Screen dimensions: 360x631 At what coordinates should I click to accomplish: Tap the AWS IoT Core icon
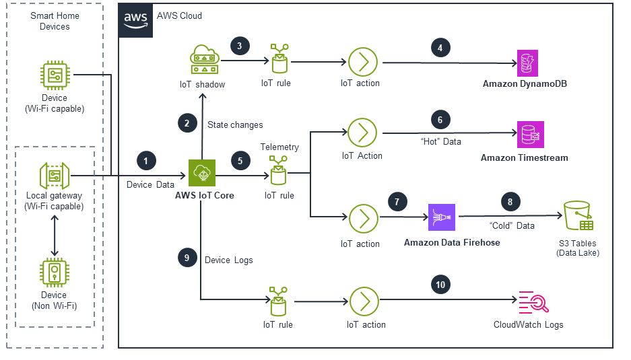click(201, 173)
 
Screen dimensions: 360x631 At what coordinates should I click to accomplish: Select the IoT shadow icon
click(206, 61)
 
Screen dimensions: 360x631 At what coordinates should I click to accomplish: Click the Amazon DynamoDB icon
click(529, 63)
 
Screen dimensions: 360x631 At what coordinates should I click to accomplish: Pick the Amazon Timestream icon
click(529, 135)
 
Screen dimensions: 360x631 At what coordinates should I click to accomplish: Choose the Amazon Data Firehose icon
click(442, 218)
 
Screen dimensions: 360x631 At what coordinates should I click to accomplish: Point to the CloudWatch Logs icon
click(529, 302)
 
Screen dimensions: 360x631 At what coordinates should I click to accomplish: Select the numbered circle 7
click(398, 201)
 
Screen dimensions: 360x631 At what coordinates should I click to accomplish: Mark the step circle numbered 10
click(440, 285)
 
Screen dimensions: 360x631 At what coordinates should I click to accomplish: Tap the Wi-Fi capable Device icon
click(54, 75)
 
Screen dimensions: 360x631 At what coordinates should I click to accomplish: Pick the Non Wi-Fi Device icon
click(54, 272)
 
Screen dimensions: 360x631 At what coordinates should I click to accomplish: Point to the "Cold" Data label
click(512, 225)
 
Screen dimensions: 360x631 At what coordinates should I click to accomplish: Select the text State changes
click(235, 124)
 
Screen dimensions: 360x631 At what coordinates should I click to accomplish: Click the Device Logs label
click(229, 260)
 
